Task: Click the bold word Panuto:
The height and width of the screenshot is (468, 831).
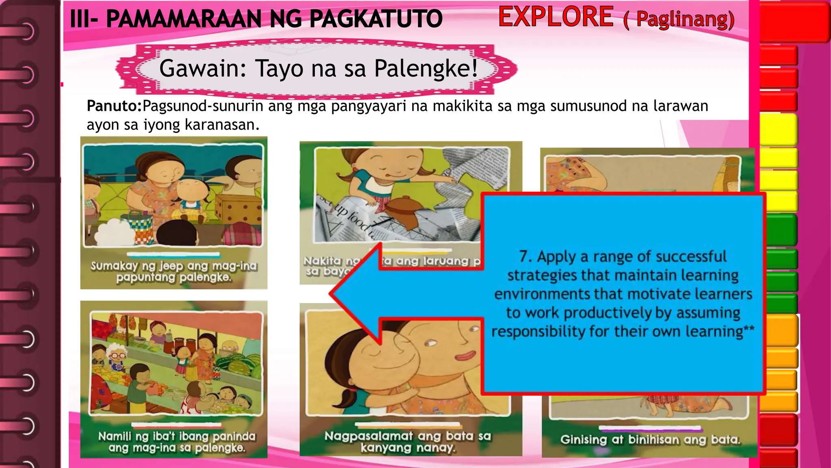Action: coord(114,106)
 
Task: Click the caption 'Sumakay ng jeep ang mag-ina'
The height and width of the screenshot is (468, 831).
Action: coord(174,266)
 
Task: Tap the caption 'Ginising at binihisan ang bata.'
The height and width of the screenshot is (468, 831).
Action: coord(650,440)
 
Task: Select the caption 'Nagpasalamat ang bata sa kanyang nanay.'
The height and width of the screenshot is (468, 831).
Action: coord(407,442)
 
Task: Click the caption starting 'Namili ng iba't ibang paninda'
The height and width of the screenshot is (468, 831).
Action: coord(177,437)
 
